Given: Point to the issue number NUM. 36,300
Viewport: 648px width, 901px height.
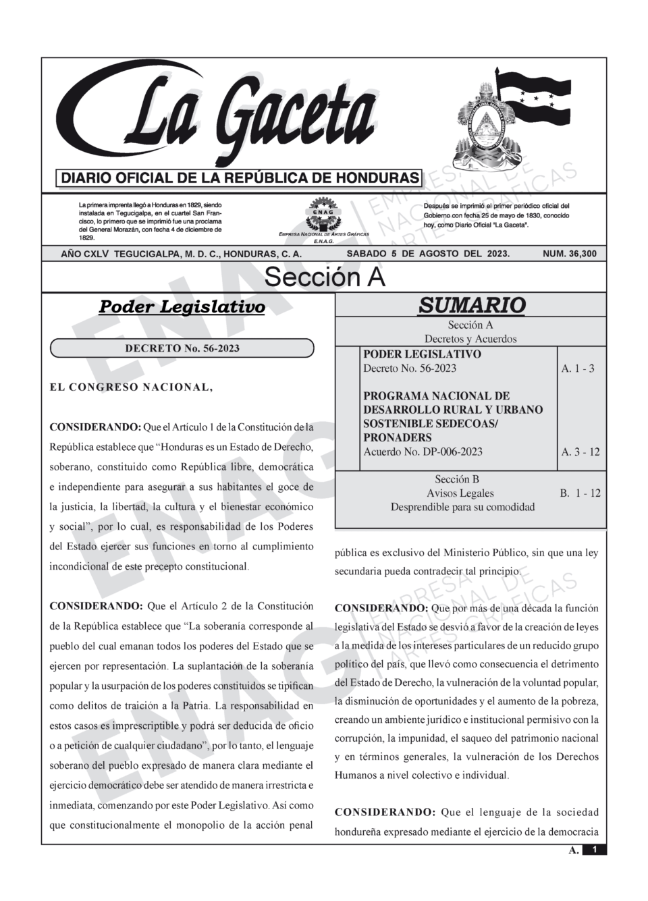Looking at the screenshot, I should pos(570,254).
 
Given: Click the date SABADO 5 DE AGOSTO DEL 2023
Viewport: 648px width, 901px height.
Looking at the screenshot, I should pos(428,254).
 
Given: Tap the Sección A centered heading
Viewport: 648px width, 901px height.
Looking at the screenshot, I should pos(324,276).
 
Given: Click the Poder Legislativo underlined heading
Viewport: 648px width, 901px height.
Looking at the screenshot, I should pos(182,307).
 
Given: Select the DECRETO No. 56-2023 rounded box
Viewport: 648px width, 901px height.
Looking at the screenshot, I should pos(182,348).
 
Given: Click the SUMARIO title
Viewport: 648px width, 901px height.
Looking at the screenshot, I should pos(471,305).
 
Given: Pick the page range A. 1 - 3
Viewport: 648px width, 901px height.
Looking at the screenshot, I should pos(578,368).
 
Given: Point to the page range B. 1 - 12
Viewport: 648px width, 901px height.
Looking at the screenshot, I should pos(580,493).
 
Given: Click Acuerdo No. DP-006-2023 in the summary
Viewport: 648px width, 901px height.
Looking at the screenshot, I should pos(423,452).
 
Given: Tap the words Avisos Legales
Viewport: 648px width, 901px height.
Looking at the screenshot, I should pos(460,493).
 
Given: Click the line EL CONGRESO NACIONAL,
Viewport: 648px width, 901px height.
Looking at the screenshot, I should pos(132,387).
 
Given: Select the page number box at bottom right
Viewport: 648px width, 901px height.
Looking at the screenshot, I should pos(594,850).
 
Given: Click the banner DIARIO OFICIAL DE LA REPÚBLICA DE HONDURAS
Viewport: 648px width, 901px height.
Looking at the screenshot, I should pos(240,178).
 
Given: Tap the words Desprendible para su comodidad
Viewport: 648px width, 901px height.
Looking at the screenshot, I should pos(462,507).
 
